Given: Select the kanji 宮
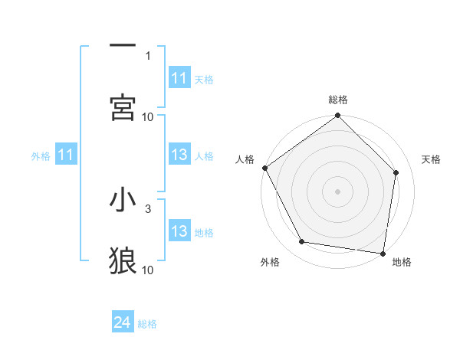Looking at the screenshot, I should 123,108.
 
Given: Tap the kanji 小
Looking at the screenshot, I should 123,200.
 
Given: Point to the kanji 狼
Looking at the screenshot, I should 123,261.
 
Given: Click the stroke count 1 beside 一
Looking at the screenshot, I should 148,55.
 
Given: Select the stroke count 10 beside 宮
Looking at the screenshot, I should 148,116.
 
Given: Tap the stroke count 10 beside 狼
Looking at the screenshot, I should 148,270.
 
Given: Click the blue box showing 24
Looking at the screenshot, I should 123,323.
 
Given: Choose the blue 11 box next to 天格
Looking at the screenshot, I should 179,78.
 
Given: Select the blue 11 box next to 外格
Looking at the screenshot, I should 66,155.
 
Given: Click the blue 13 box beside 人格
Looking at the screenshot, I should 179,155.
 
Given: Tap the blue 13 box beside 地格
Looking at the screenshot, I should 179,231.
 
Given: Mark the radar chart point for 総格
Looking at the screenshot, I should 337,116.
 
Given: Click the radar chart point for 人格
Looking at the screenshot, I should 265,168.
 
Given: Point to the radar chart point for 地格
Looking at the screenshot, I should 383,253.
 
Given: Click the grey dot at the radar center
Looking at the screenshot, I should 337,191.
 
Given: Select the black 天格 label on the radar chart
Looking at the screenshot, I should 432,159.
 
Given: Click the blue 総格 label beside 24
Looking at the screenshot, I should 147,324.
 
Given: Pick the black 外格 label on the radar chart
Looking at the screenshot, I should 270,262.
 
